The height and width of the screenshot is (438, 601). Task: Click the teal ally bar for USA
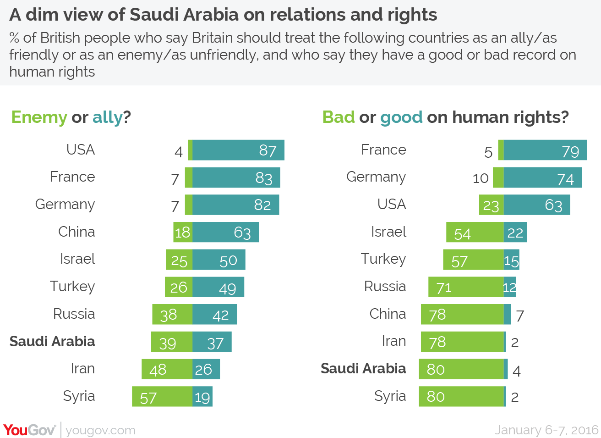click(x=238, y=150)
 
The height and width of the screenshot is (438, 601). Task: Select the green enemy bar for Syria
click(x=162, y=397)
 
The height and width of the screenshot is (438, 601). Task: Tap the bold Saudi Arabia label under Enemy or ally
click(x=52, y=342)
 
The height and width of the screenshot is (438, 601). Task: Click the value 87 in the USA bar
click(x=268, y=151)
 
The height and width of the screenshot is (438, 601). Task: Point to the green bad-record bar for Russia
click(x=466, y=287)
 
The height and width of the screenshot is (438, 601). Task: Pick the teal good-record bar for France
click(x=545, y=150)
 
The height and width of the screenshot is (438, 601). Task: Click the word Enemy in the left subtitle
click(x=39, y=117)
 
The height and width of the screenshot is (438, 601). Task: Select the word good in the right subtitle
click(x=401, y=117)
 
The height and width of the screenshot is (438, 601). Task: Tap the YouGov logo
click(x=29, y=430)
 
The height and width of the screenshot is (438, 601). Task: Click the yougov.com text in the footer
click(x=100, y=431)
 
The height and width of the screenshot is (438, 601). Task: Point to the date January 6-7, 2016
click(x=546, y=430)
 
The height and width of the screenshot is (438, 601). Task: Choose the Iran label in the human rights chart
click(x=393, y=341)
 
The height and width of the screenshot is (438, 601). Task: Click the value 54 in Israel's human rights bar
click(x=462, y=234)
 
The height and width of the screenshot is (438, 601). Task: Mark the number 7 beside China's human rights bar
click(x=520, y=316)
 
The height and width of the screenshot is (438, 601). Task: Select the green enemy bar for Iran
click(x=167, y=369)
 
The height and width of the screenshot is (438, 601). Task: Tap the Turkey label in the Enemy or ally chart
click(x=72, y=287)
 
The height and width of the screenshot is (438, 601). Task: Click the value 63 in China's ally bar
click(x=242, y=233)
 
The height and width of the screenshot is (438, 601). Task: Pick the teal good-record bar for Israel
click(x=515, y=232)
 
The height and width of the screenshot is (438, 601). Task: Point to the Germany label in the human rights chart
click(x=376, y=177)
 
